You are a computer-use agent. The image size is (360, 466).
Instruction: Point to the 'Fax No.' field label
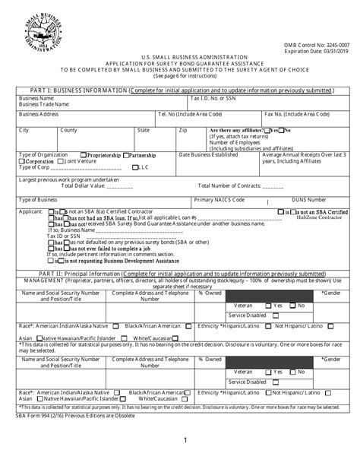(300, 114)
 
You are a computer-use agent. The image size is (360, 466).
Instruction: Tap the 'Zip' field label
(183, 131)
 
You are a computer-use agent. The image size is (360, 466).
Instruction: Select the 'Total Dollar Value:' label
(75, 185)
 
